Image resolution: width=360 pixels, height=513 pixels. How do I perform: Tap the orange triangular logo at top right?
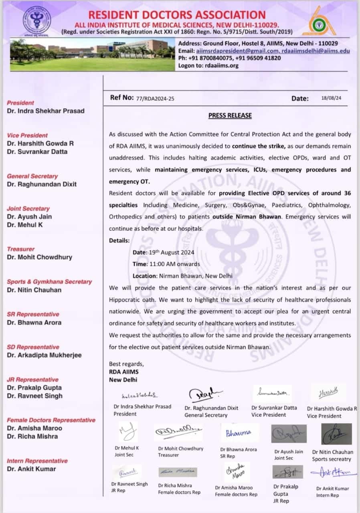tap(319, 21)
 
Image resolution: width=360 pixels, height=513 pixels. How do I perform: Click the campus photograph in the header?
tap(92, 55)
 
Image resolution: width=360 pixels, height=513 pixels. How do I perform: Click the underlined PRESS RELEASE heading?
tap(230, 115)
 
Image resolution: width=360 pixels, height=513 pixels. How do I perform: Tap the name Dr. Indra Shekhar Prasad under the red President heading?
tap(46, 111)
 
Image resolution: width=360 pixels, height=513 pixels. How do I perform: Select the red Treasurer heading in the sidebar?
tap(21, 249)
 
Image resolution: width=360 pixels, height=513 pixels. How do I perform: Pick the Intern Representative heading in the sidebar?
tap(37, 461)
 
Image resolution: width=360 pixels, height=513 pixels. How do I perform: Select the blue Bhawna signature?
tap(239, 433)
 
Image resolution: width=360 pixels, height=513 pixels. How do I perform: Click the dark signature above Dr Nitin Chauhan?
tap(336, 434)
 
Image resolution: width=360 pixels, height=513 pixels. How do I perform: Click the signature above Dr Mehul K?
tap(127, 432)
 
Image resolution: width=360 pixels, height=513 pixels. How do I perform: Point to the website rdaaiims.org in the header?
tap(220, 65)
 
